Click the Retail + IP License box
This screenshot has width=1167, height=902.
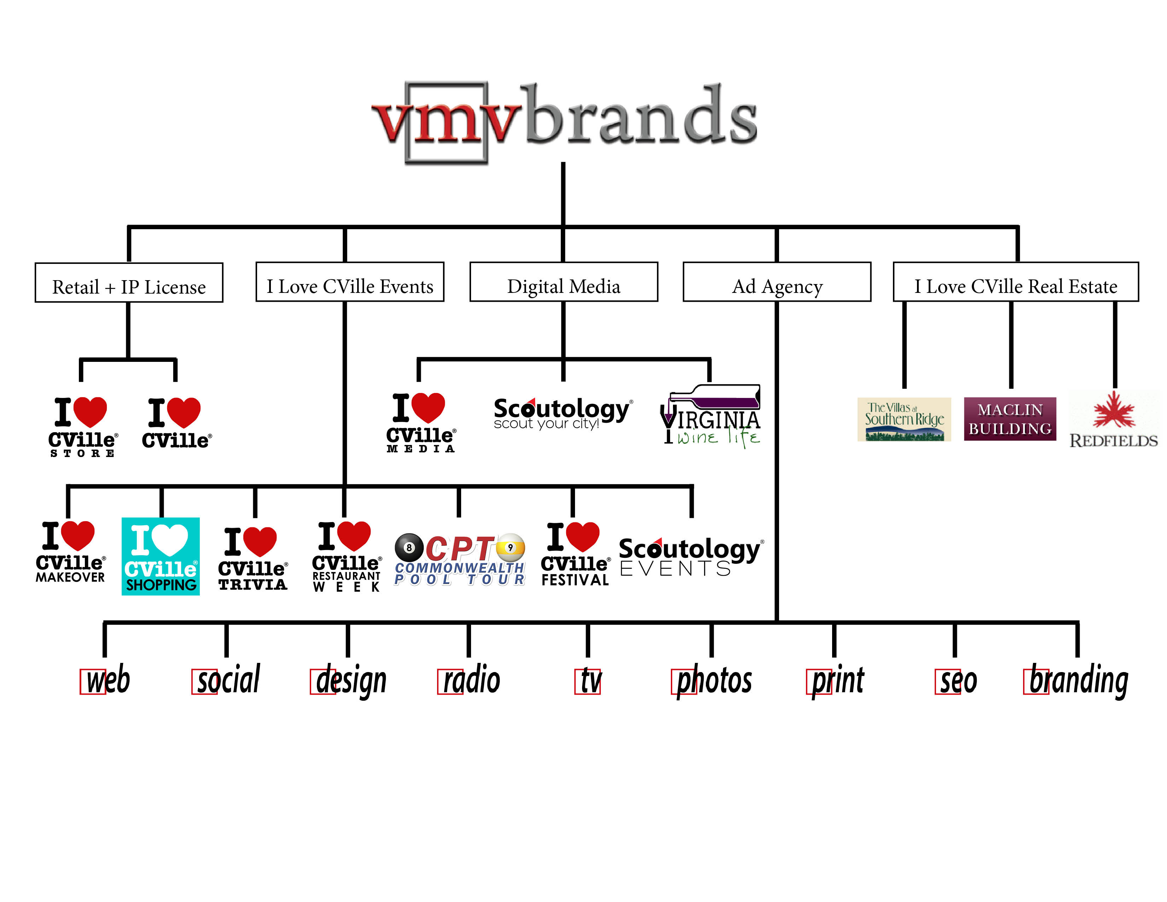click(x=129, y=283)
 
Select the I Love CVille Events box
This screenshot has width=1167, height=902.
click(x=350, y=282)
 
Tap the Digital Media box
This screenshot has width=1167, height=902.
click(x=563, y=282)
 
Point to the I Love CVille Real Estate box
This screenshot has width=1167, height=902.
click(x=1015, y=282)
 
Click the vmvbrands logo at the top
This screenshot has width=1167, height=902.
click(x=564, y=120)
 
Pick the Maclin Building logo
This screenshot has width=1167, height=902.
click(x=1010, y=419)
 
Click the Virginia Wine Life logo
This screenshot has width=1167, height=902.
click(x=711, y=417)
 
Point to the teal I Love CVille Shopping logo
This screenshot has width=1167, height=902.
click(x=160, y=556)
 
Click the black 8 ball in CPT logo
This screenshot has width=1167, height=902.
click(x=409, y=548)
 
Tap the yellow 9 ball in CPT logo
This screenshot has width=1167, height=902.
click(x=510, y=548)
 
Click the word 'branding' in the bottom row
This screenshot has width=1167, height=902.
click(x=1078, y=680)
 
